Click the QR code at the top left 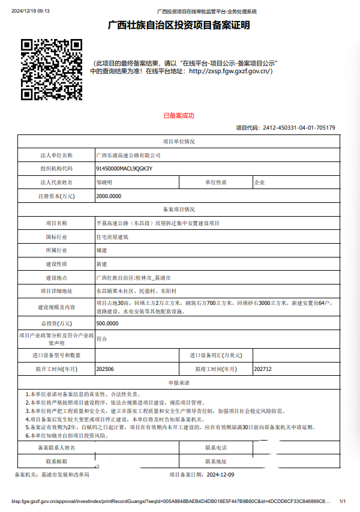51,69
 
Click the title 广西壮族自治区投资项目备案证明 179,25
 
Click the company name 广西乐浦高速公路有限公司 128,155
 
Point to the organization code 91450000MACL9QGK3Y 124,169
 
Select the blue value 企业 259,182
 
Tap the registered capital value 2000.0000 109,196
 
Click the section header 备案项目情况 179,209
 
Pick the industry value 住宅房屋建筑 112,237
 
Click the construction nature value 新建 101,264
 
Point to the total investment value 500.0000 107,324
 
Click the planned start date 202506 105,369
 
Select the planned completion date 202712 263,369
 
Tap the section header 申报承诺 179,383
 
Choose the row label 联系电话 216,448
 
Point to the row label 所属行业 56,250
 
